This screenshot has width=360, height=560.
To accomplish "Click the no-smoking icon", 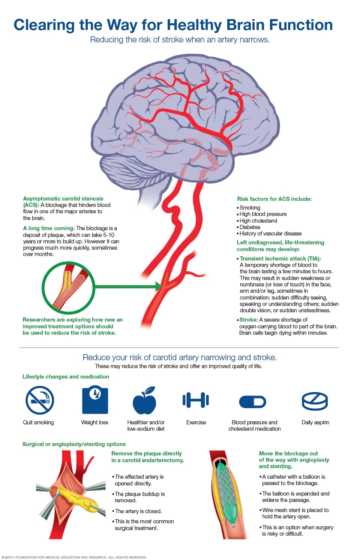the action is coord(39,400).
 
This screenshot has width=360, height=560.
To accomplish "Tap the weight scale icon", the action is coord(95,400).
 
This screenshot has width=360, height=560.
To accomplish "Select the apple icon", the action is coord(144,400).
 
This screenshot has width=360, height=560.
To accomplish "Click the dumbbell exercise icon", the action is coord(196,400).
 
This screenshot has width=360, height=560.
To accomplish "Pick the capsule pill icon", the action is coord(252,402).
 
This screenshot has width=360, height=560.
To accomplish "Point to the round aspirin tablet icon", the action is coord(315,401).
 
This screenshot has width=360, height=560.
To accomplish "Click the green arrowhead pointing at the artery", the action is coord(159,286).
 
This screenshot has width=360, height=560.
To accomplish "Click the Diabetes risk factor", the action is coord(250,227).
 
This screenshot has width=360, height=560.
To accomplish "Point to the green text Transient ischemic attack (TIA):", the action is coord(280,259).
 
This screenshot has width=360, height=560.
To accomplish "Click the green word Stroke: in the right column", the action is coord(248,319).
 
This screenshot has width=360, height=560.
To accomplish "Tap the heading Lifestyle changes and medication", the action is coord(66,376).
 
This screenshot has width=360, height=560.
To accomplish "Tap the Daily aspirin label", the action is coord(315,422).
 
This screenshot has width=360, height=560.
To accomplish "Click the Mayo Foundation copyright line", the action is coord(74,557).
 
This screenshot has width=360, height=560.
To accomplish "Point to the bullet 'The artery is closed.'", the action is coord(138,511).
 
